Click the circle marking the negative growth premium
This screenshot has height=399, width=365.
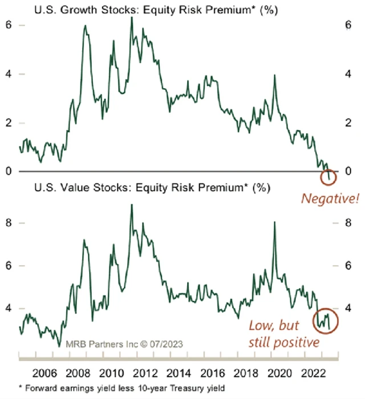click(329, 177)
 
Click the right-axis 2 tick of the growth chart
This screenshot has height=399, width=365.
click(350, 123)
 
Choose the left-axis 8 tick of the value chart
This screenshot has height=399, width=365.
click(9, 223)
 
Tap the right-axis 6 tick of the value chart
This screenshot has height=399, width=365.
click(350, 266)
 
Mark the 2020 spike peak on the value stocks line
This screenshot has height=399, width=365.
click(274, 222)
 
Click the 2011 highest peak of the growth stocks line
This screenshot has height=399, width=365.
click(132, 17)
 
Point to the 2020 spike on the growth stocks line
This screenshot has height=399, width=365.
click(275, 75)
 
